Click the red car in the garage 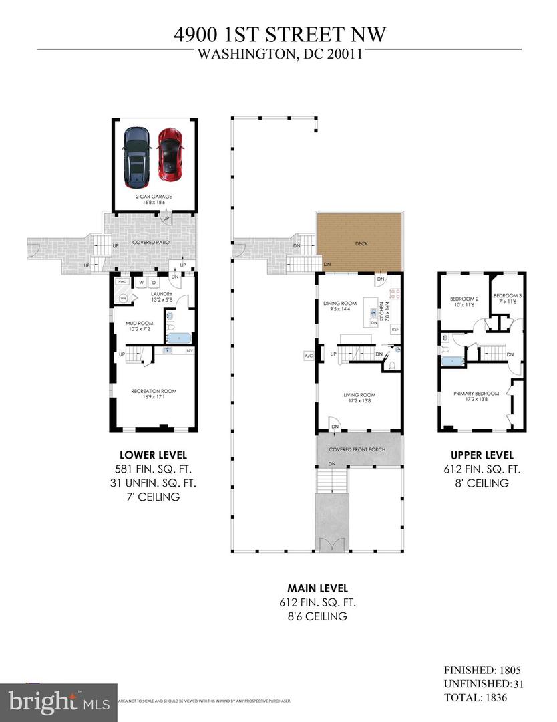tap(170, 154)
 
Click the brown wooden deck tap(360, 243)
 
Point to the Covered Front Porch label tap(359, 449)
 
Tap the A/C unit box tap(309, 355)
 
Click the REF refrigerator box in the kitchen tap(395, 329)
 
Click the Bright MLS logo tap(59, 701)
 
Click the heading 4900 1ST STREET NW tap(278, 34)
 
